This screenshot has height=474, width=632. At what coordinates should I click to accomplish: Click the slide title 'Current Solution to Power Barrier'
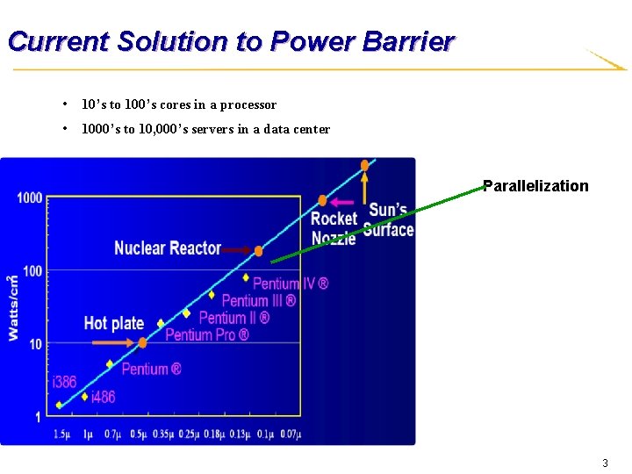pyautogui.click(x=230, y=41)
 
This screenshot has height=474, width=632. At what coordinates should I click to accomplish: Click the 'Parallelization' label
pyautogui.click(x=535, y=185)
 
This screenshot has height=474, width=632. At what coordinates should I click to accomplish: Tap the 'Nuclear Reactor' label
pyautogui.click(x=167, y=248)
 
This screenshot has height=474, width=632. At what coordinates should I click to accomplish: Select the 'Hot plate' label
pyautogui.click(x=113, y=323)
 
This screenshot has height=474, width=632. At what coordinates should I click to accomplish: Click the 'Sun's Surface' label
pyautogui.click(x=388, y=219)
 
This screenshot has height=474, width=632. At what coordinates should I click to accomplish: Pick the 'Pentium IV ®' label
pyautogui.click(x=291, y=283)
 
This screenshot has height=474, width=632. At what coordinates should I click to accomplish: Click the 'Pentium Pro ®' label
pyautogui.click(x=207, y=334)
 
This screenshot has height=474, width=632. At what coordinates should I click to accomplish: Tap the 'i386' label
pyautogui.click(x=64, y=382)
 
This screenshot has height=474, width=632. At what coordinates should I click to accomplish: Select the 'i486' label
pyautogui.click(x=103, y=397)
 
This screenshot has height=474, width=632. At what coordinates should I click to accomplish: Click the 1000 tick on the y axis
pyautogui.click(x=29, y=197)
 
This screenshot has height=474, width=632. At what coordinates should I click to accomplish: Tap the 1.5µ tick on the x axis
pyautogui.click(x=61, y=434)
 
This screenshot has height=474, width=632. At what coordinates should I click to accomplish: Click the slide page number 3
pyautogui.click(x=604, y=463)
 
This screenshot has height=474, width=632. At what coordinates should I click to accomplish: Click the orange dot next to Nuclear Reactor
pyautogui.click(x=258, y=251)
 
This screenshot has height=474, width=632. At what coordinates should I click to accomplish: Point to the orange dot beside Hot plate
pyautogui.click(x=142, y=342)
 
